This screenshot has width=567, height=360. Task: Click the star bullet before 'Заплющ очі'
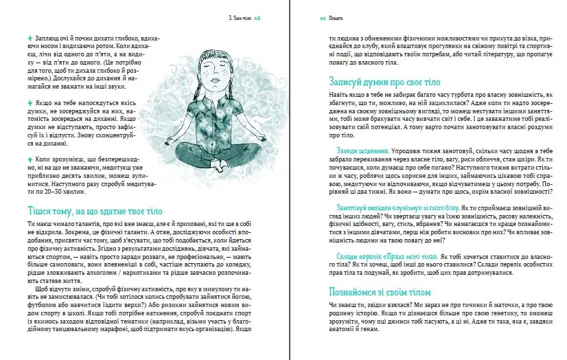click(x=29, y=36)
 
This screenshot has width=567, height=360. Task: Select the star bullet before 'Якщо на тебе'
click(x=29, y=102)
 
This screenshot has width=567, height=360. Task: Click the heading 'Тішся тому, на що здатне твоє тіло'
click(x=95, y=210)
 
